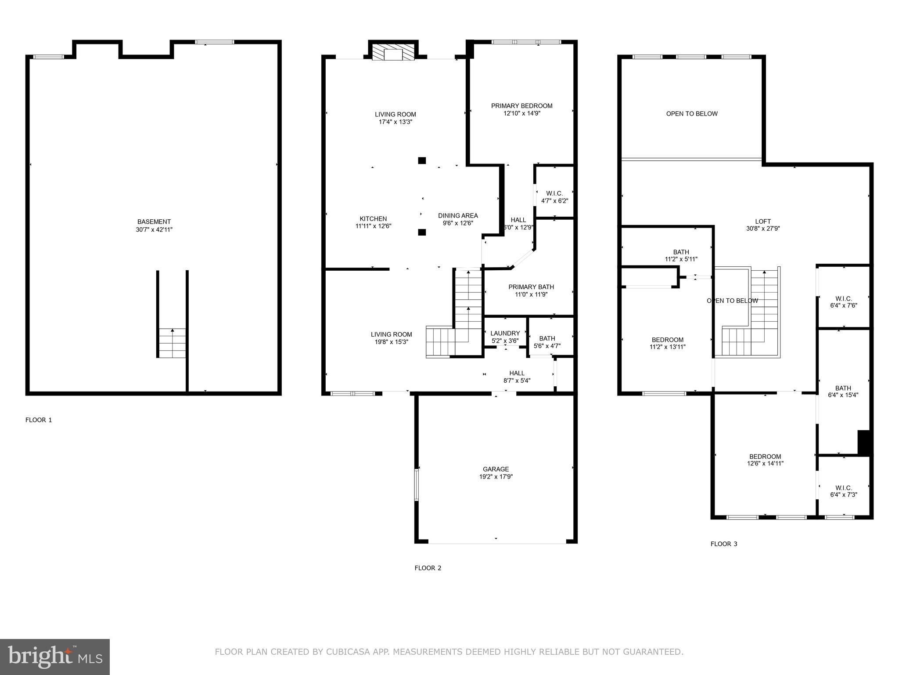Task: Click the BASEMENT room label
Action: click(x=154, y=222)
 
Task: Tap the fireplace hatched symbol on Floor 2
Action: click(x=393, y=51)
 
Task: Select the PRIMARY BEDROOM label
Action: click(x=521, y=106)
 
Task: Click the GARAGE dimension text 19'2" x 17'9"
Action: click(x=496, y=476)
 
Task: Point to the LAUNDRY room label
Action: click(x=505, y=334)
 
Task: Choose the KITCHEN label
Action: click(x=373, y=219)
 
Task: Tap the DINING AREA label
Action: click(x=458, y=216)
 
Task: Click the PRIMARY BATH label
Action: click(x=531, y=287)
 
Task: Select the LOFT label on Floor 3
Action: click(x=763, y=221)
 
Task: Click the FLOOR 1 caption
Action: click(x=39, y=420)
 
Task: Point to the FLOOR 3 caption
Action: click(x=724, y=544)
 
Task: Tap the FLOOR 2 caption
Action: click(x=428, y=568)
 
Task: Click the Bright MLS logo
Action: click(x=55, y=657)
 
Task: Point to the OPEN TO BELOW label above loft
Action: click(x=692, y=114)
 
